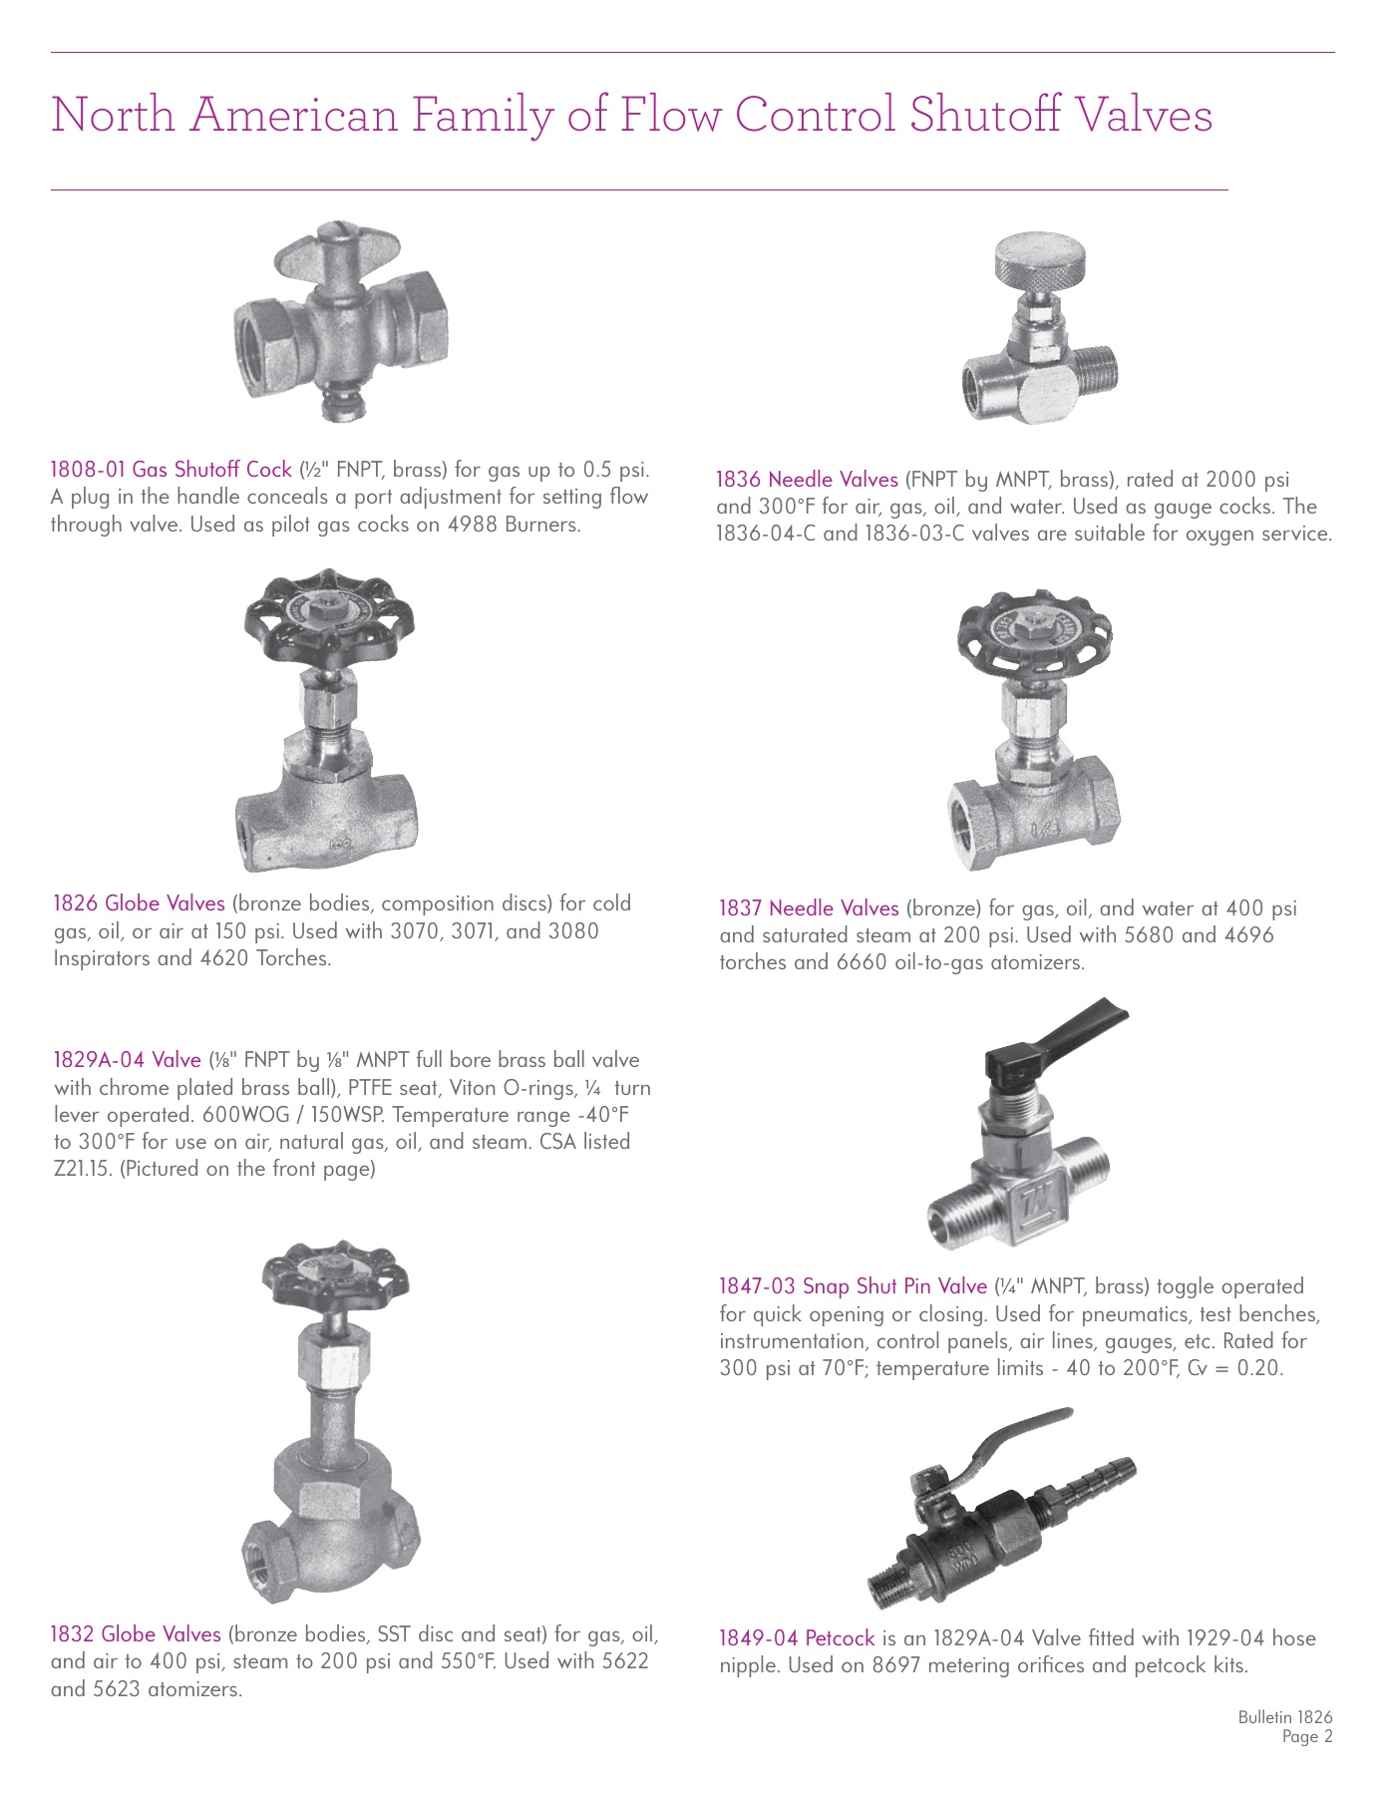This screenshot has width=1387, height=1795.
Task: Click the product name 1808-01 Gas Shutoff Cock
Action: click(172, 470)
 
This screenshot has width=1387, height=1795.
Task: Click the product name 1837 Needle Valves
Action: click(809, 908)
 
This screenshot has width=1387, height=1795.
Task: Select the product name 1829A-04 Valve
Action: click(127, 1060)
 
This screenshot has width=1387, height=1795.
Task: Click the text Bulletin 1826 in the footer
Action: click(1284, 1717)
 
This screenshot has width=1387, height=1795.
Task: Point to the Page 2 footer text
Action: click(1306, 1737)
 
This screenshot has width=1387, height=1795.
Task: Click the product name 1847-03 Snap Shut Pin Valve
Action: click(853, 1287)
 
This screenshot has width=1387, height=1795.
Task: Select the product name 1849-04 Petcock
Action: click(796, 1638)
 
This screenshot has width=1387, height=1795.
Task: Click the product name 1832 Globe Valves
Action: click(136, 1634)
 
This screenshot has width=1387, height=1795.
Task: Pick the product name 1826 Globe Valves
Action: click(139, 903)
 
